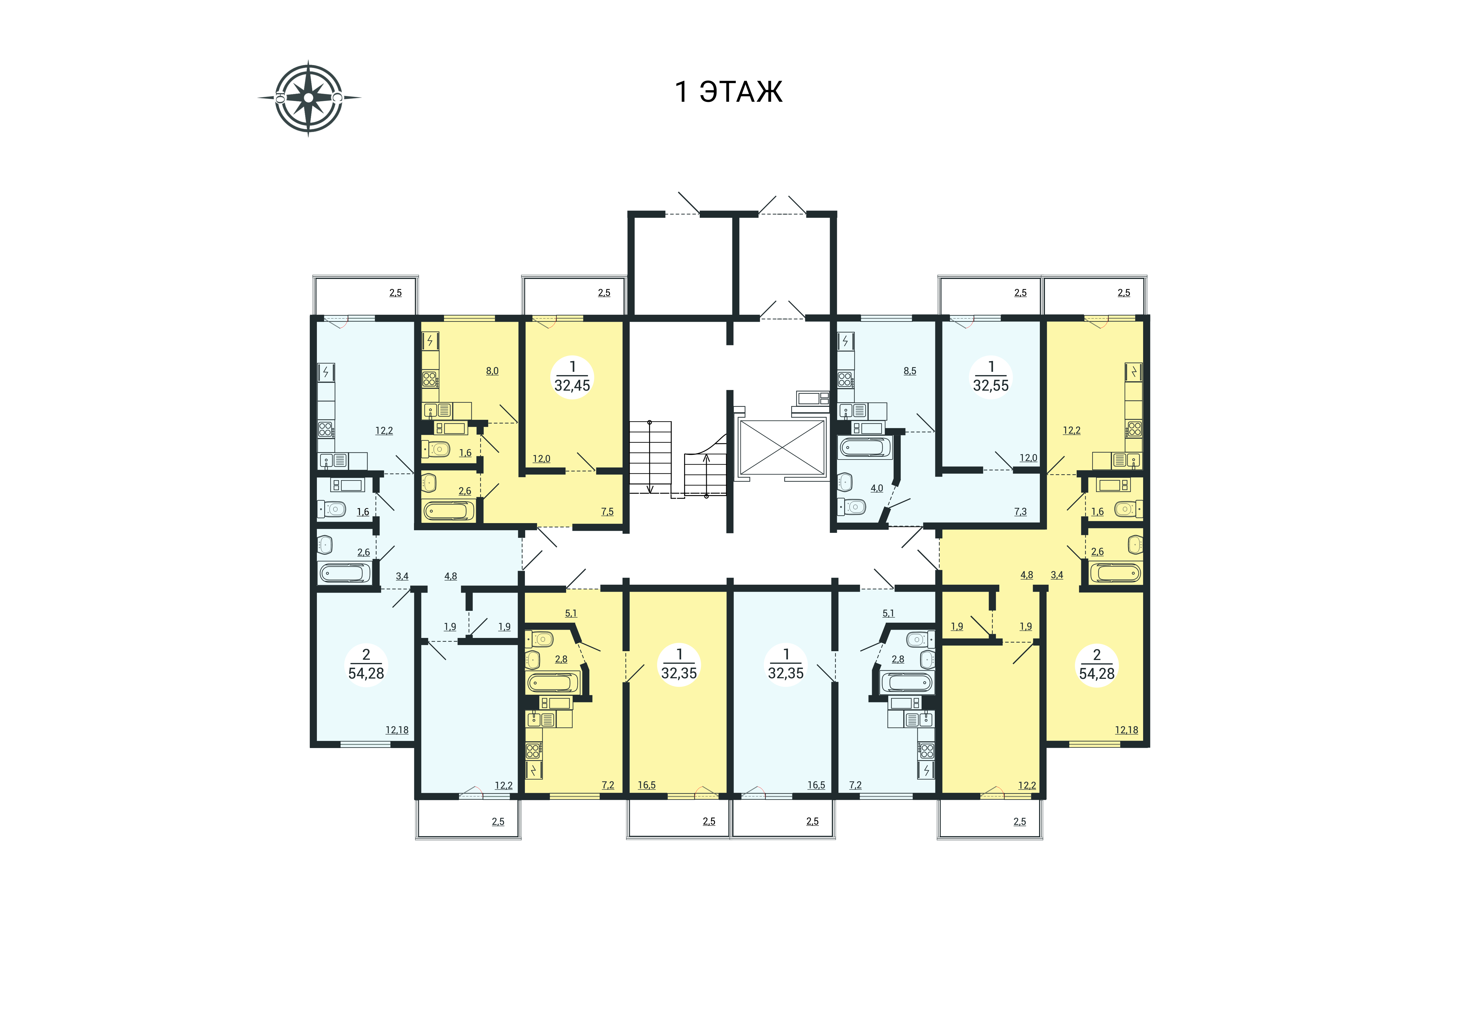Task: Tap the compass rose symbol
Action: [309, 98]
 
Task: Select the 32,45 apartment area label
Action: [572, 385]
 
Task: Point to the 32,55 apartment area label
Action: [991, 385]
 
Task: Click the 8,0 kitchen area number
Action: [492, 371]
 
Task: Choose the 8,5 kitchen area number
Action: [910, 371]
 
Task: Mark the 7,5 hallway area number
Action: [607, 511]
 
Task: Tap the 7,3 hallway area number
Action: [1021, 511]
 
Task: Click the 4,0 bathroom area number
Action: [877, 488]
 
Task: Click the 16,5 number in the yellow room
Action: [647, 785]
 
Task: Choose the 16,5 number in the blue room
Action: [817, 785]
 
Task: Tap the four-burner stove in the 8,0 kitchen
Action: [430, 380]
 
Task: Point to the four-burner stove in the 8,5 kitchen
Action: [845, 380]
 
